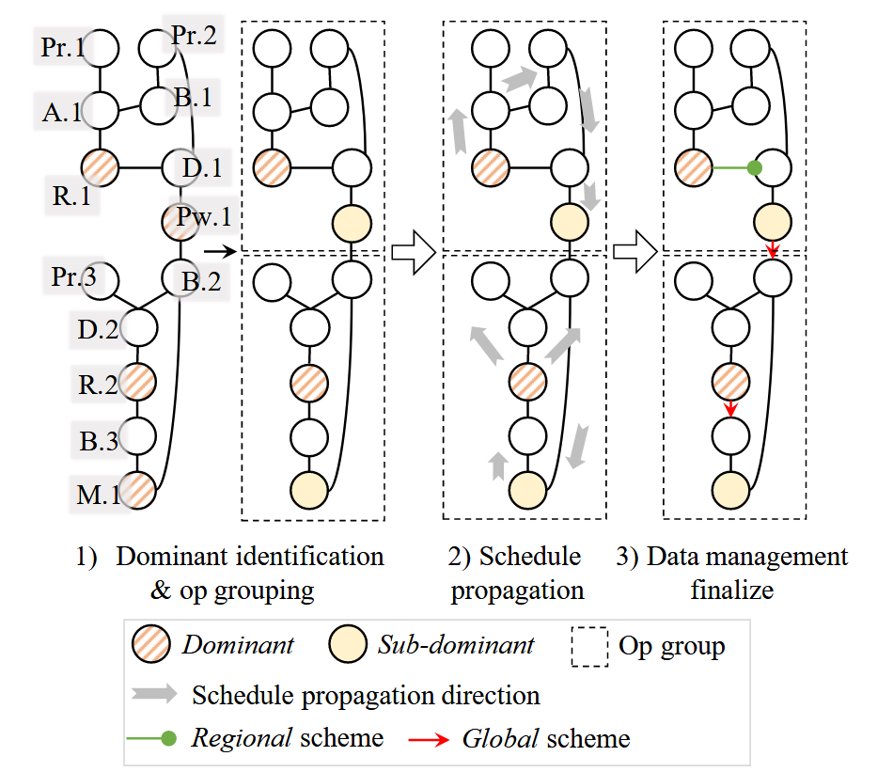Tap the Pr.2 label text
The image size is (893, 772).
[x=194, y=36]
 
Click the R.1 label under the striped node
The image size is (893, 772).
[x=71, y=197]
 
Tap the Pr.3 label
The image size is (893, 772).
[x=73, y=279]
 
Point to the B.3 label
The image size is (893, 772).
[x=98, y=440]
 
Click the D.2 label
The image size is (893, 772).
[x=98, y=331]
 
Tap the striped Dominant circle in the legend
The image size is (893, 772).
[x=152, y=645]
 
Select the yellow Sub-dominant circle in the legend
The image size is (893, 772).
[x=348, y=645]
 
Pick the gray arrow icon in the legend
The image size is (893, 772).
[x=153, y=695]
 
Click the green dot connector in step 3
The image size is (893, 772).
[x=753, y=169]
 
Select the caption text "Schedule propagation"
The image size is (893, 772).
[x=517, y=573]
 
